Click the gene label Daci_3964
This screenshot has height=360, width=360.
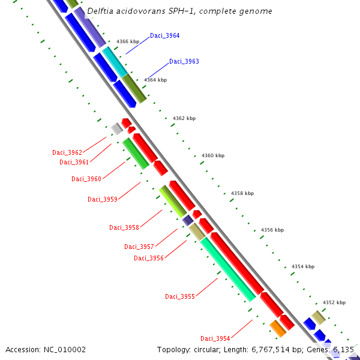point(164,36)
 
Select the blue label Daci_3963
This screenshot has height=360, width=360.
point(184,62)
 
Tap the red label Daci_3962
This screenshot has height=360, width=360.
point(67,152)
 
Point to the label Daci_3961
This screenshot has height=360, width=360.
point(74,162)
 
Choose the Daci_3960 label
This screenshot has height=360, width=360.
point(86,179)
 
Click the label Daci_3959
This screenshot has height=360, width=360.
point(102,199)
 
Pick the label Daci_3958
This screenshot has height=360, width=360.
point(124,227)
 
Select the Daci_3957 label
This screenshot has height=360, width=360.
point(139,247)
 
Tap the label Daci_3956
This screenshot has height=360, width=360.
point(148,258)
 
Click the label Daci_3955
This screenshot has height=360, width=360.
point(179,296)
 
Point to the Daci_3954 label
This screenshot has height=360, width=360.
point(215,338)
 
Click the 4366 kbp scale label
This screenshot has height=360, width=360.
point(128,41)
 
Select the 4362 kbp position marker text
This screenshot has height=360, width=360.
point(184,118)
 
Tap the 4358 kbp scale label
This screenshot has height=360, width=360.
point(242,193)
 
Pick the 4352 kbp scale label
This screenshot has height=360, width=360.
point(334,302)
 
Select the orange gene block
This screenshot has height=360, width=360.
point(277,328)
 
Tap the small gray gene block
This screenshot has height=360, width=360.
point(116,128)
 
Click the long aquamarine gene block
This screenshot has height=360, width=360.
point(228,269)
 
